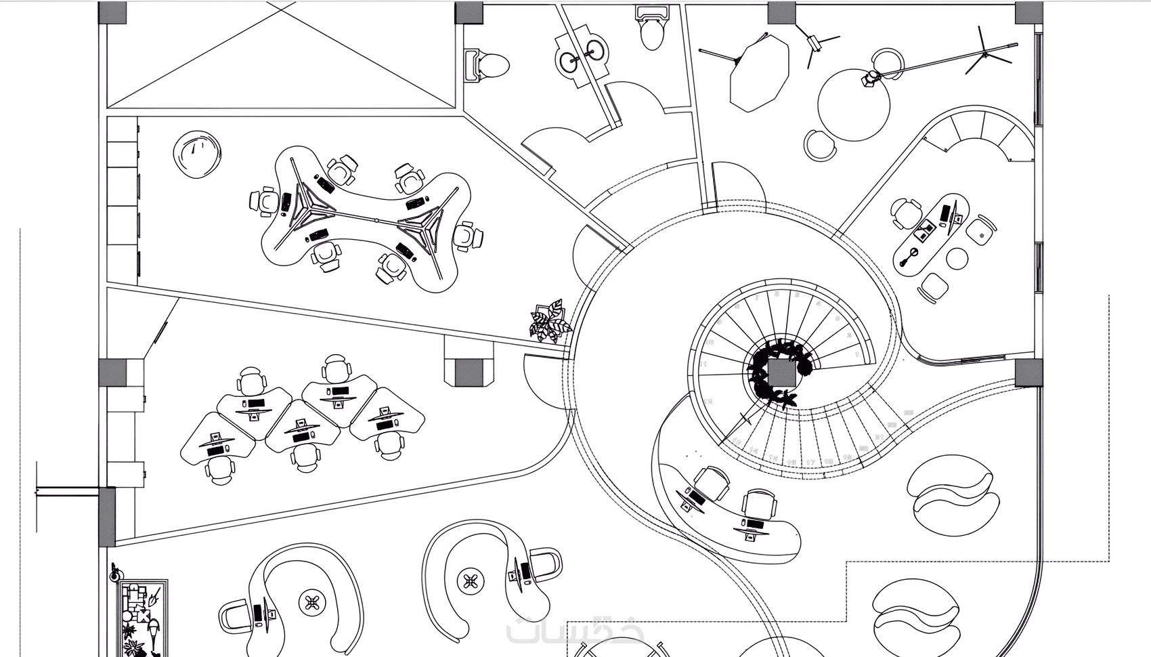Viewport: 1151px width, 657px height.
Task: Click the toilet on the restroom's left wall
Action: point(489,66)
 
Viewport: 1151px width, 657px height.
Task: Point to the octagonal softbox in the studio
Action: point(760,72)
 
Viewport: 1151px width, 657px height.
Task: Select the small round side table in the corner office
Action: point(957,258)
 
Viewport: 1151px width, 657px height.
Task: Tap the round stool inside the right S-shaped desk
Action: point(470,580)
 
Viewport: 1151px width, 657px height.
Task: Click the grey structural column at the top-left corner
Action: point(112,12)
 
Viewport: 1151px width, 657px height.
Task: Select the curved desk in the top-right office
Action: point(930,234)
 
